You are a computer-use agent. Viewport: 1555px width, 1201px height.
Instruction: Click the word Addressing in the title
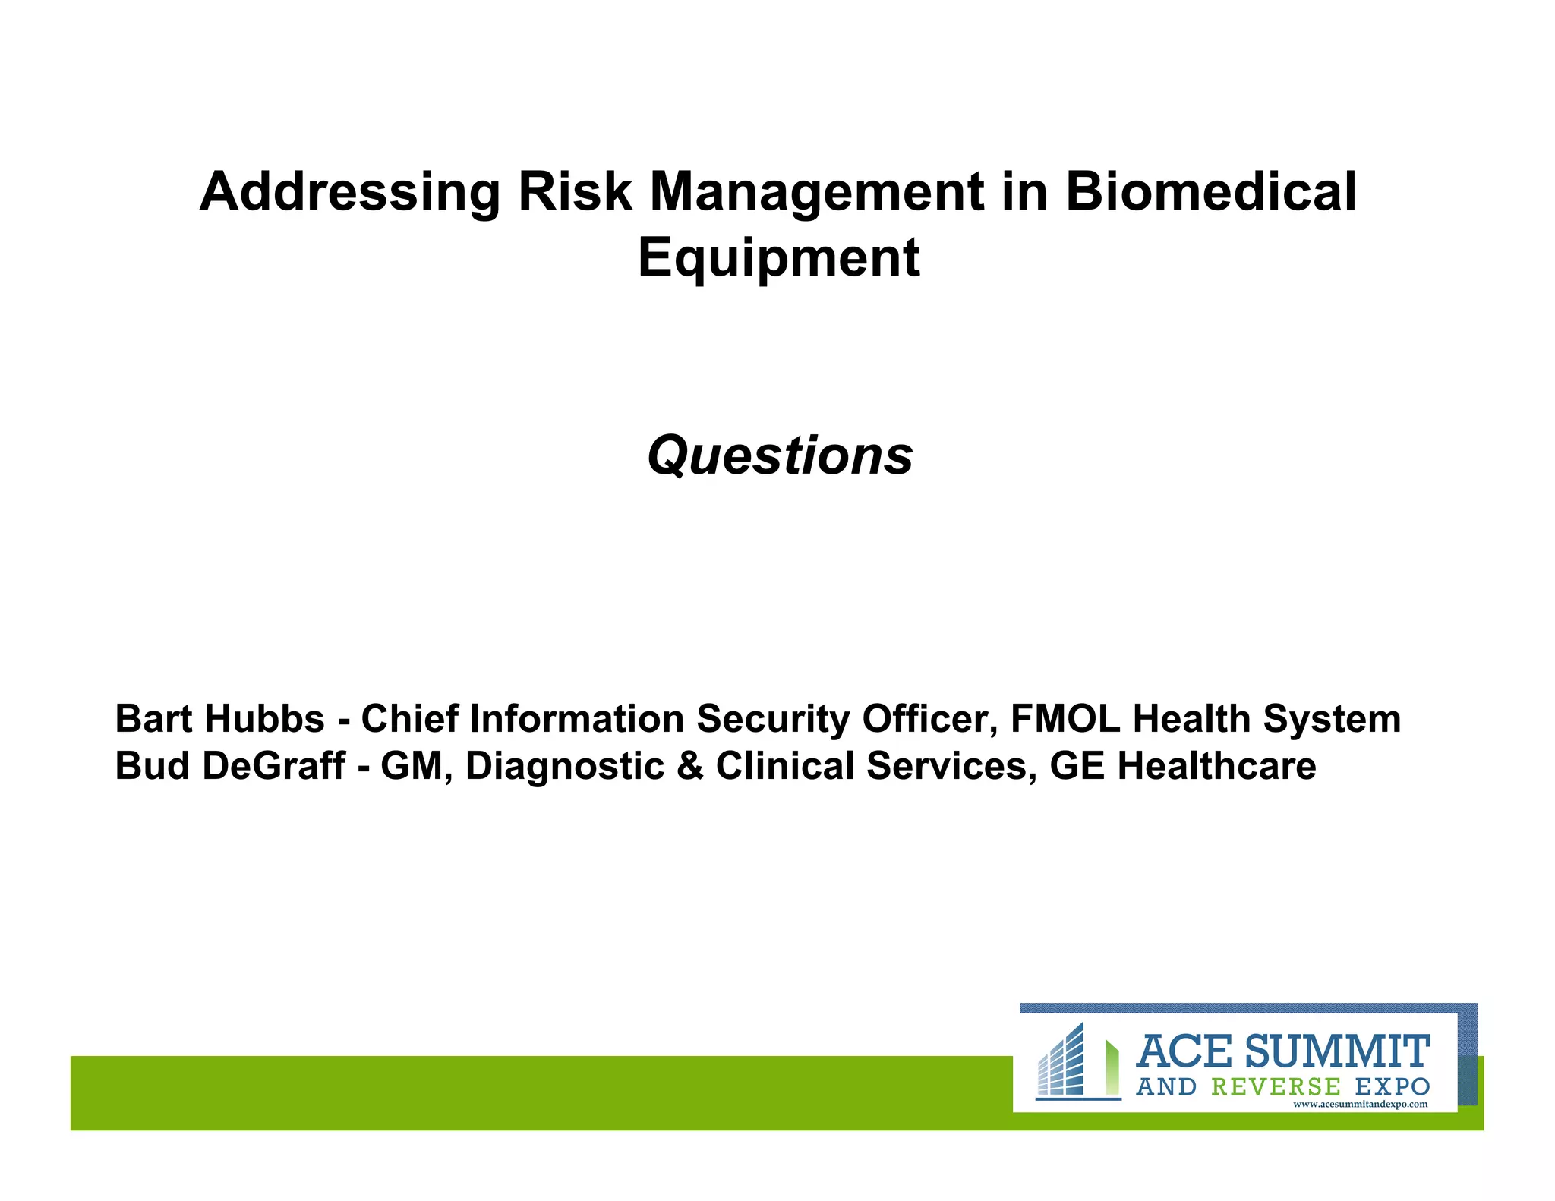point(349,192)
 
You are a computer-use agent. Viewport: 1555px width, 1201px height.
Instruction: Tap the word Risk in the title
point(574,191)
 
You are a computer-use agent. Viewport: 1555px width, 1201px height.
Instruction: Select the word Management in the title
point(817,192)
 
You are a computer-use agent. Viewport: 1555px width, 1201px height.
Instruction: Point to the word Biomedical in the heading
point(1210,191)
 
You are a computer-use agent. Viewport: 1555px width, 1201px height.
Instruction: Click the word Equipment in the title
point(778,259)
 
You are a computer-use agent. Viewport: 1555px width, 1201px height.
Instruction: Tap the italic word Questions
point(780,455)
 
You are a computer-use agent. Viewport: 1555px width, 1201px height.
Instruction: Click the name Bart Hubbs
point(219,718)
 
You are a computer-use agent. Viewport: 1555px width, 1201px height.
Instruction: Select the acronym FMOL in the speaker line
point(1065,718)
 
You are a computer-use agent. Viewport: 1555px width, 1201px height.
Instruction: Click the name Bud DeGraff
point(230,765)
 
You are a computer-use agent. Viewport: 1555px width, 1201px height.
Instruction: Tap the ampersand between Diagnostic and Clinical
point(689,765)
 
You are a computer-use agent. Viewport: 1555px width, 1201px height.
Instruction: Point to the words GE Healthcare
point(1182,765)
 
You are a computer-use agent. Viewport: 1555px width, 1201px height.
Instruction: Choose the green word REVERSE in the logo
point(1276,1087)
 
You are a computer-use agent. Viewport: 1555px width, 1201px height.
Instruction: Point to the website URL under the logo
point(1360,1105)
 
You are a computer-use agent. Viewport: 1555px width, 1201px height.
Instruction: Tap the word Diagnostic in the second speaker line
point(564,765)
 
